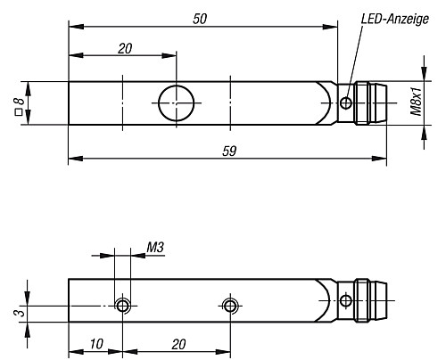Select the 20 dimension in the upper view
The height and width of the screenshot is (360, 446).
pos(124,48)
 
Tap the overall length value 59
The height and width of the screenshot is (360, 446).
pos(228,151)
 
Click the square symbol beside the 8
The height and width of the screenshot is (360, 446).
pos(19,112)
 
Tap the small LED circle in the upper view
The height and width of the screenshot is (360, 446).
pos(346,104)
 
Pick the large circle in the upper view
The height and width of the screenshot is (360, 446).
pos(177,102)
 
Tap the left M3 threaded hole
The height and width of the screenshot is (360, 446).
pos(124,307)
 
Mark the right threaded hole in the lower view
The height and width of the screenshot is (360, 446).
pos(231,307)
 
